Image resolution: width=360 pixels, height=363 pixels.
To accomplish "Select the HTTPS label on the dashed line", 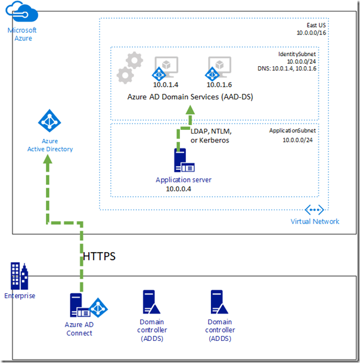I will [x=98, y=256].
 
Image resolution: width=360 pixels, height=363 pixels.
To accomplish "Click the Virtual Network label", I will [x=315, y=221].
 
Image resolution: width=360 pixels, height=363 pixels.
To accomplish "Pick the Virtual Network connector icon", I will [x=314, y=210].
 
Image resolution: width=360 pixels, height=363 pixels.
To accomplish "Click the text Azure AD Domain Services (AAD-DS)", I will [x=190, y=97].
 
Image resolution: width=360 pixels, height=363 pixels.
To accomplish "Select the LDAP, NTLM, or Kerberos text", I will [x=210, y=135].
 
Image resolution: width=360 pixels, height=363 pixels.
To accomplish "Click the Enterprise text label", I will [x=19, y=296].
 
